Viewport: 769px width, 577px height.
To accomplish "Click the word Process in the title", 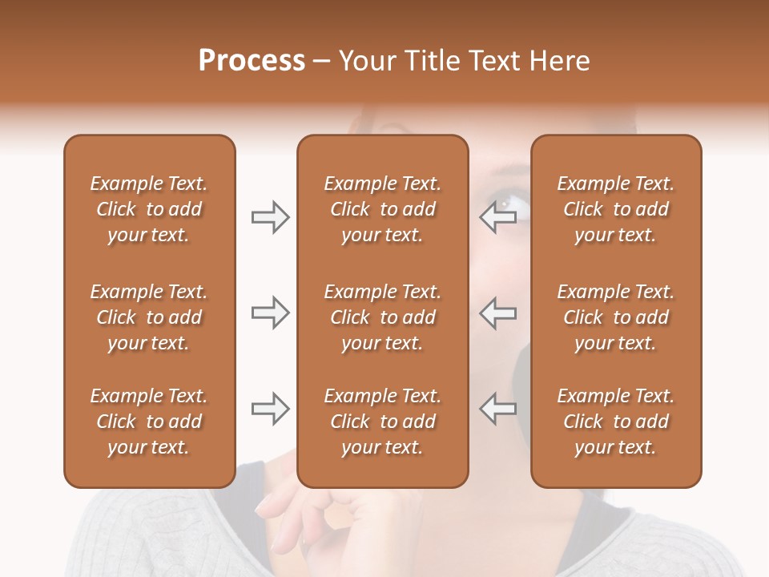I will click(252, 61).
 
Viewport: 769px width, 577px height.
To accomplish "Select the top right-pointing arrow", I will click(270, 217).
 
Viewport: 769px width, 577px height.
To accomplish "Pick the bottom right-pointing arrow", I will click(270, 409).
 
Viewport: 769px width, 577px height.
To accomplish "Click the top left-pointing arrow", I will click(498, 217).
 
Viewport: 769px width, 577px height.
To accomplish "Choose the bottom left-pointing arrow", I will click(498, 409).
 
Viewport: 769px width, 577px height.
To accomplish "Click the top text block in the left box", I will click(149, 209).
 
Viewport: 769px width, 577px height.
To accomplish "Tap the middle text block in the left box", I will click(149, 317).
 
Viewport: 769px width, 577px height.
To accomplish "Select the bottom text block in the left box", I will click(149, 422).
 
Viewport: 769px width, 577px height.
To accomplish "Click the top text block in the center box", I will click(382, 209).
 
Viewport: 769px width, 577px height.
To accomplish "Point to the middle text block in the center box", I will click(382, 317).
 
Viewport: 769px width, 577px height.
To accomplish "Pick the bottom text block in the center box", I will click(382, 422).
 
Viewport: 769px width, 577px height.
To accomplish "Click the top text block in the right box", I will click(615, 209).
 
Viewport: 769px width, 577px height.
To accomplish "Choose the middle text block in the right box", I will click(615, 317).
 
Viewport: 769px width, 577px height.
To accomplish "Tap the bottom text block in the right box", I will click(615, 422).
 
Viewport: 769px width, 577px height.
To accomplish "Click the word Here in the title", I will click(558, 61).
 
